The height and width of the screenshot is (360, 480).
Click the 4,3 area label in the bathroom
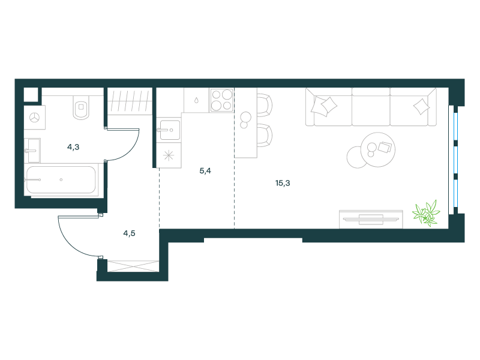click(73, 147)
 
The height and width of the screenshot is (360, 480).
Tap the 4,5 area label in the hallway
click(129, 233)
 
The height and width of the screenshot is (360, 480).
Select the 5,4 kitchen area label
click(205, 171)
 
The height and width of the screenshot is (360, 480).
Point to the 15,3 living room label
click(283, 183)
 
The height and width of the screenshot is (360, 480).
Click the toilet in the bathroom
click(81, 107)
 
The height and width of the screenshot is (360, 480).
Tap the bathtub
click(61, 179)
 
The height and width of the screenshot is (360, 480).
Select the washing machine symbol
click(35, 117)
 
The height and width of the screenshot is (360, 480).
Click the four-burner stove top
click(222, 100)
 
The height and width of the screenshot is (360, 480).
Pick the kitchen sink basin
click(170, 130)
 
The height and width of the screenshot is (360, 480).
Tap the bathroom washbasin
click(33, 151)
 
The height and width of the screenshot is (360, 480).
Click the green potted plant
click(426, 213)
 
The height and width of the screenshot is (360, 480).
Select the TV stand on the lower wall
click(371, 219)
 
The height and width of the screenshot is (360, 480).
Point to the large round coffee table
click(378, 149)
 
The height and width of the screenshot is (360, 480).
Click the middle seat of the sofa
click(371, 107)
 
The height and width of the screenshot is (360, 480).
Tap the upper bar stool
click(265, 105)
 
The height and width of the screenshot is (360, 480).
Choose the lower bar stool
click(265, 136)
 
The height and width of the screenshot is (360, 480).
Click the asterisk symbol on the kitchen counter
click(169, 155)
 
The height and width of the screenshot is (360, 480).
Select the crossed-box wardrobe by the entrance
click(133, 266)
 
